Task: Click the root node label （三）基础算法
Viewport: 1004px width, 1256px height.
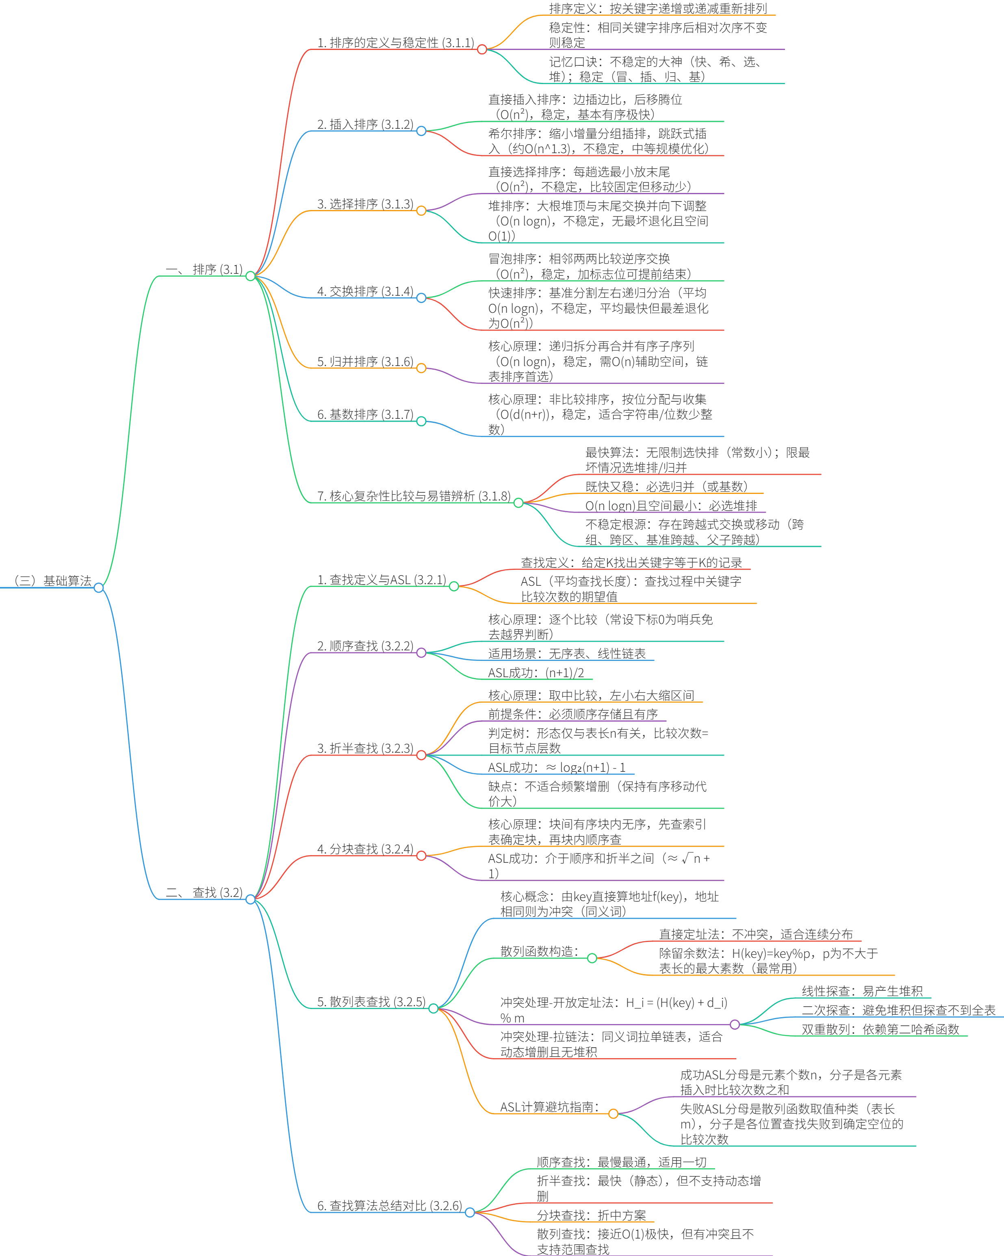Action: (52, 581)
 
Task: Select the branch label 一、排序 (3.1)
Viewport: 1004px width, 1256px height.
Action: (204, 269)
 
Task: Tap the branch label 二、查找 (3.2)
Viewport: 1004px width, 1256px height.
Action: (204, 892)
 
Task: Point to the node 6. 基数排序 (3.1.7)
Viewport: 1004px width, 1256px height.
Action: (365, 414)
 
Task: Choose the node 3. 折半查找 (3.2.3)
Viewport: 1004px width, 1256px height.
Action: (365, 748)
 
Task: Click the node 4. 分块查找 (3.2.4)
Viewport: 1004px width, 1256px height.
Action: (365, 849)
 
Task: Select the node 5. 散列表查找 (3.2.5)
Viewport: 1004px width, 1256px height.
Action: (371, 1001)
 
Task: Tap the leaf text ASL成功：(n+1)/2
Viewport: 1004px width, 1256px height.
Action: (536, 673)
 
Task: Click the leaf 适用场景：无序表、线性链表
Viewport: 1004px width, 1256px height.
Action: (567, 654)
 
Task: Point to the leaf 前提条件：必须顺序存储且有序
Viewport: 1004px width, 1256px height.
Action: (573, 714)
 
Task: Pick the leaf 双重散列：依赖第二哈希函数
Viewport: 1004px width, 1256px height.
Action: (880, 1029)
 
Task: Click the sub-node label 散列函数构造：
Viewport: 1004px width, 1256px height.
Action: (540, 951)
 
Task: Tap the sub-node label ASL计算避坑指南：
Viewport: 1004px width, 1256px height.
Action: (549, 1107)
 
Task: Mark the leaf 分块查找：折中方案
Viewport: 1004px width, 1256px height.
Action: (592, 1215)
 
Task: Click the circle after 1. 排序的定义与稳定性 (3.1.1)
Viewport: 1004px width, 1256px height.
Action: (482, 50)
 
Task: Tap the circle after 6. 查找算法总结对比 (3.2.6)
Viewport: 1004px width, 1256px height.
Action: (470, 1212)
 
